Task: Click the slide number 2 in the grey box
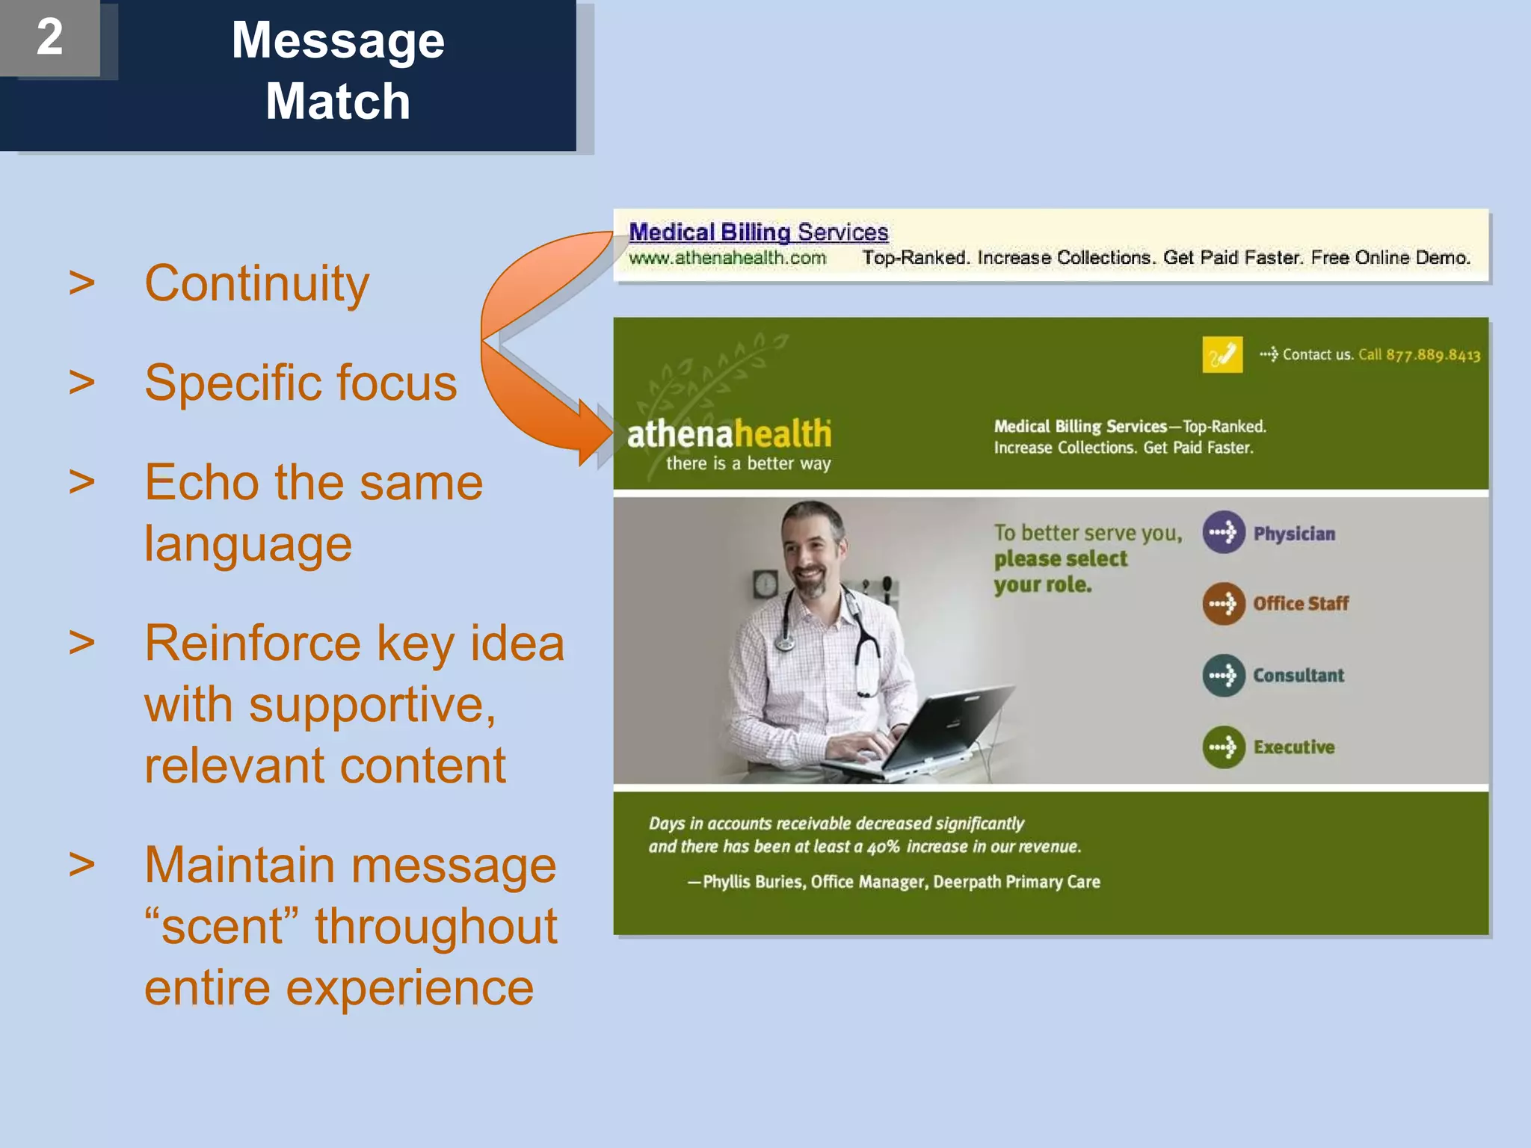[x=49, y=37]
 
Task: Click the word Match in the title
[x=338, y=102]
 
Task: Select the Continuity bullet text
[x=256, y=284]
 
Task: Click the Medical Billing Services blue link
[x=758, y=232]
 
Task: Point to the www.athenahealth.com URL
[x=727, y=258]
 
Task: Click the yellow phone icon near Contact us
[x=1222, y=354]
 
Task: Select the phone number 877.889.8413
[x=1432, y=355]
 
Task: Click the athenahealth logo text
[x=729, y=434]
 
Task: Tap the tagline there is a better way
[x=748, y=464]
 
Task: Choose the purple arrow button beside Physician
[x=1223, y=532]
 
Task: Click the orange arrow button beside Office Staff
[x=1223, y=603]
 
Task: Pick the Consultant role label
[x=1298, y=676]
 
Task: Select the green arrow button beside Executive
[x=1223, y=747]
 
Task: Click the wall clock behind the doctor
[x=765, y=583]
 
